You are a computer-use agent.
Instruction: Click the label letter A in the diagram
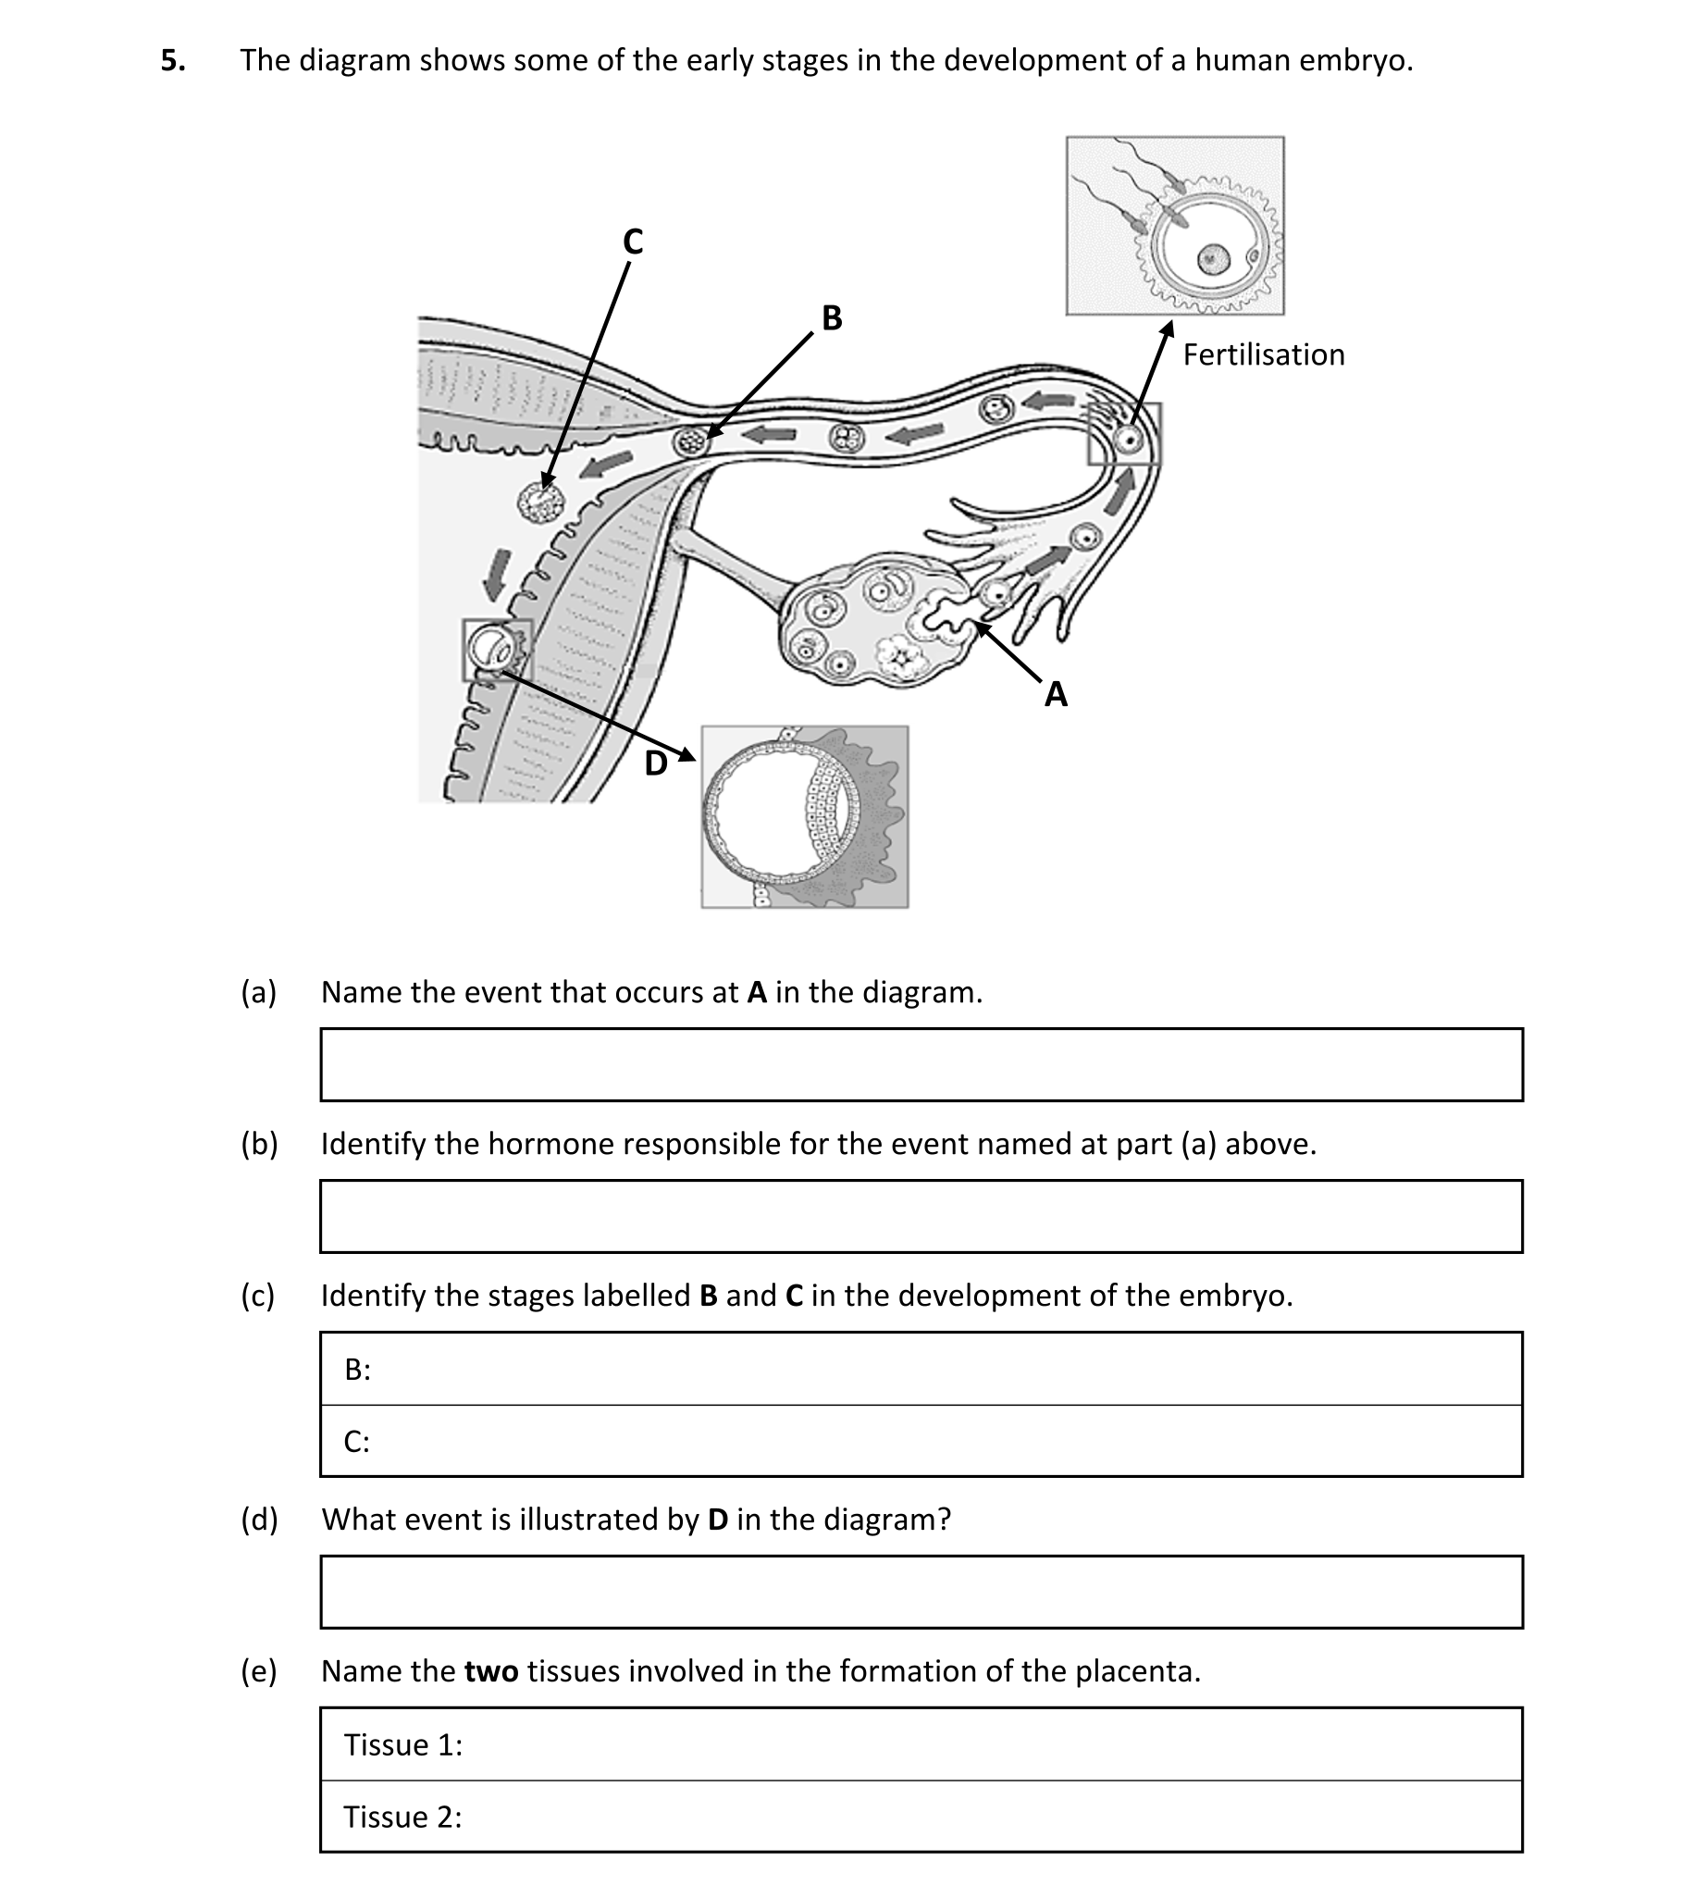1056,694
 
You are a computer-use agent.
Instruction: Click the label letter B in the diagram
832,318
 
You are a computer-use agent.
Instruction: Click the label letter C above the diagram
633,242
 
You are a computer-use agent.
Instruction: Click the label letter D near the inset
655,764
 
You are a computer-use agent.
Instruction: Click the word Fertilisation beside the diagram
1263,355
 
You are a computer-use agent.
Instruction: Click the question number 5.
172,61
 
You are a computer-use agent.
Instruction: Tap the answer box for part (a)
921,1064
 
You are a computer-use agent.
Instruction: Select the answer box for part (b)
921,1216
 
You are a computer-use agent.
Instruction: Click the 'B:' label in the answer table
357,1370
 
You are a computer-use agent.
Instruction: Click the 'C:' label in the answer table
356,1442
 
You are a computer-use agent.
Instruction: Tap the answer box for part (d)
921,1592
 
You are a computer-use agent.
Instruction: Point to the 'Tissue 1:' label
402,1744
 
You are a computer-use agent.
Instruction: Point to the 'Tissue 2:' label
402,1817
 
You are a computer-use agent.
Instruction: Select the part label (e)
259,1671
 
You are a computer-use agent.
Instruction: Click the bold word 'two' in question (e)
491,1671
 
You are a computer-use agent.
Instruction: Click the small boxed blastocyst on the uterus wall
495,649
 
